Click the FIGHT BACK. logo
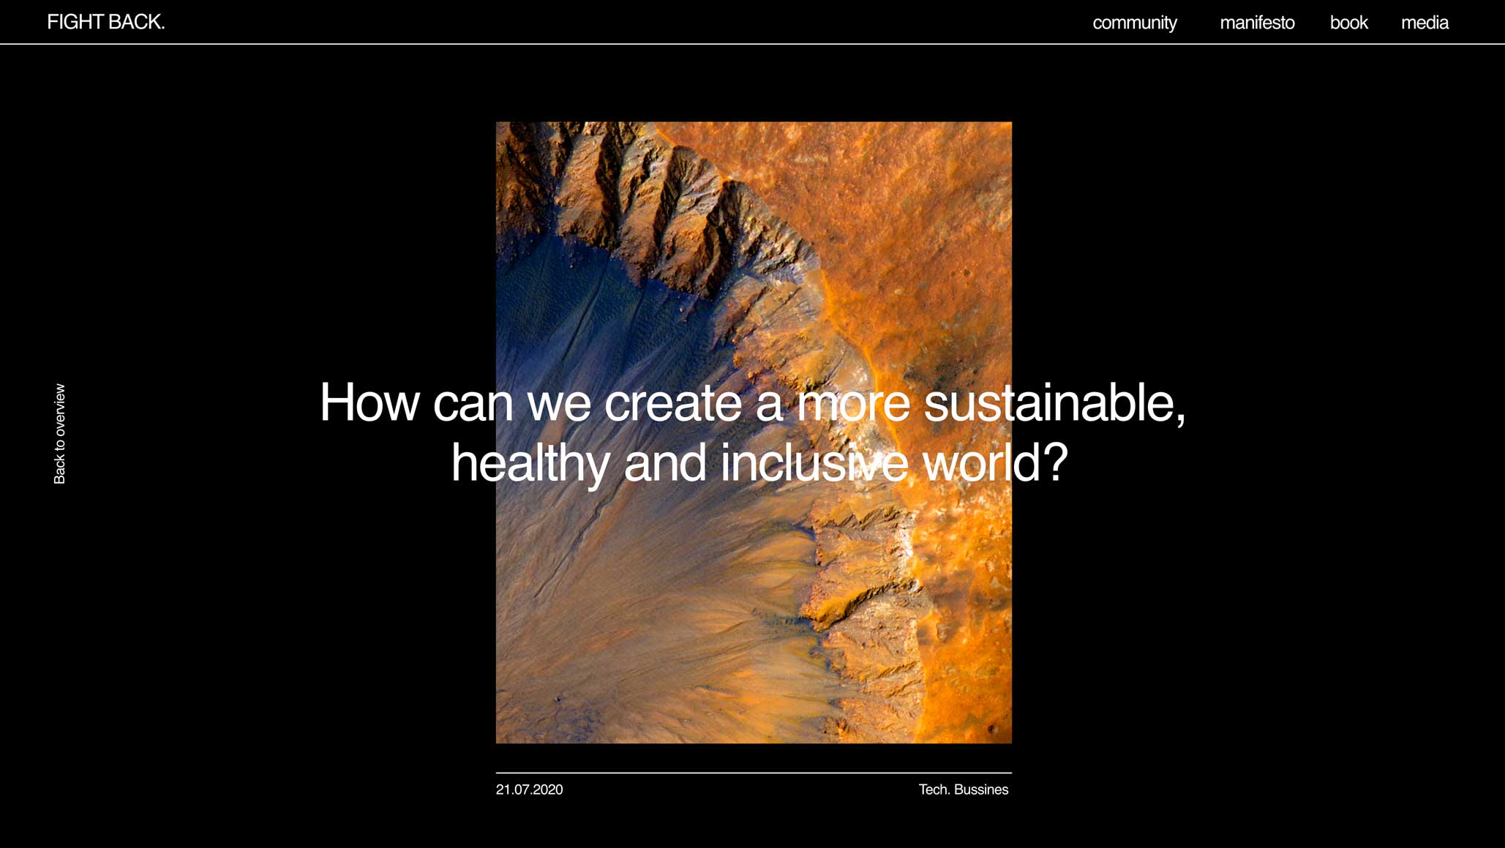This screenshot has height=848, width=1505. [x=106, y=22]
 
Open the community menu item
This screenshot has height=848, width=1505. [x=1135, y=23]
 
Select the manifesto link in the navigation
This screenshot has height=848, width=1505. [x=1257, y=23]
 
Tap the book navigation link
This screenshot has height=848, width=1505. [x=1348, y=23]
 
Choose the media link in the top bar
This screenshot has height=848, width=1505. [x=1425, y=23]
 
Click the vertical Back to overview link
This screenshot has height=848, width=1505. [x=59, y=434]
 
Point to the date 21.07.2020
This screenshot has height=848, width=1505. [x=530, y=789]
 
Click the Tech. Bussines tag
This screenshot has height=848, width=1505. [x=964, y=789]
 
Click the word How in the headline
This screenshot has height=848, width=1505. [x=369, y=402]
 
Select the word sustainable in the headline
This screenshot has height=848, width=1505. [x=1047, y=402]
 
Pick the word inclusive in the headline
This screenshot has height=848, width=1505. [x=814, y=462]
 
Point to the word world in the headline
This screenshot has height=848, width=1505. [x=980, y=462]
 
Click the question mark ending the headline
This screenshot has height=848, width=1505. [x=1054, y=462]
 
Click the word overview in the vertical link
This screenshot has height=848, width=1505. [x=59, y=410]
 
